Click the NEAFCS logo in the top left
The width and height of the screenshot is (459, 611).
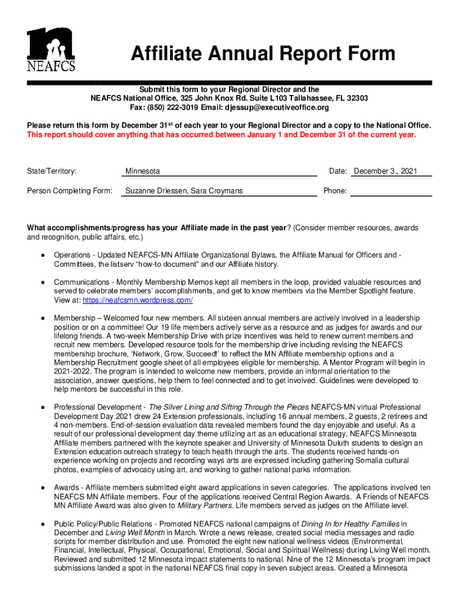[51, 50]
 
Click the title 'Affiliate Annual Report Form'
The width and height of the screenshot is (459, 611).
[263, 54]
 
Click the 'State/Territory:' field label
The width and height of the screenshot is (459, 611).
[52, 171]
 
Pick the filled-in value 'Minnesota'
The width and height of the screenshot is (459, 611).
[142, 171]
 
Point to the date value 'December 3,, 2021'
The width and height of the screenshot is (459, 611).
[385, 171]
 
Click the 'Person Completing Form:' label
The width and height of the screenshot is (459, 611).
[70, 191]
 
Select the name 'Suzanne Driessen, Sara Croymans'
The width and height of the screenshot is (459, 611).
[183, 191]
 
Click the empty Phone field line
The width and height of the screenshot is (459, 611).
[390, 192]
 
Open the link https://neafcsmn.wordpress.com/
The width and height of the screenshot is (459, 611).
[138, 300]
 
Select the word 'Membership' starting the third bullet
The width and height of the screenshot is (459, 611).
[76, 318]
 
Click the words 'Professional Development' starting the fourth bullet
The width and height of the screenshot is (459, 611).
[96, 407]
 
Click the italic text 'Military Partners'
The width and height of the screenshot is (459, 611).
[205, 505]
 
